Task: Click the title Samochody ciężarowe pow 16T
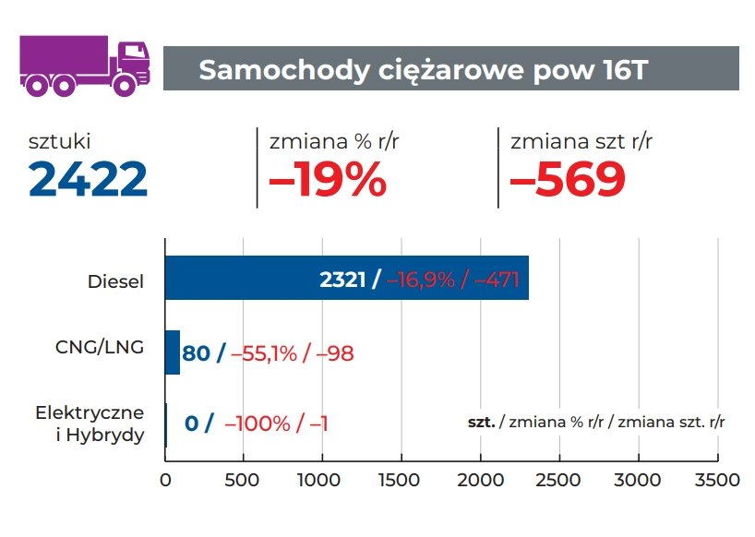click(x=424, y=69)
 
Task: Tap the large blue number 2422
click(x=88, y=178)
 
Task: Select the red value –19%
click(x=327, y=178)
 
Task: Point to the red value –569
click(x=568, y=178)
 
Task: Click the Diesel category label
click(x=116, y=280)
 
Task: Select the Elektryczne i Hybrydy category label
click(x=90, y=423)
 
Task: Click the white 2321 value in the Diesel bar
click(x=344, y=280)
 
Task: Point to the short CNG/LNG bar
click(x=173, y=352)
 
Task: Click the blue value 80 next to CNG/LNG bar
click(x=197, y=352)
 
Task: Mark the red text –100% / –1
click(x=276, y=424)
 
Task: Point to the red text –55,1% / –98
click(x=293, y=352)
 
